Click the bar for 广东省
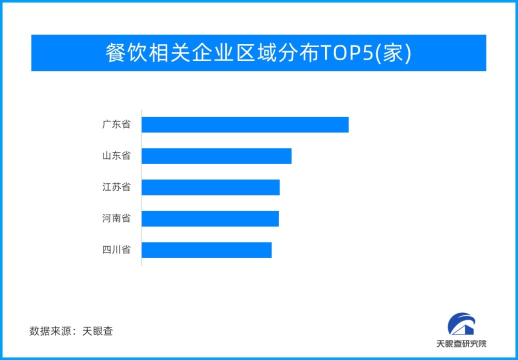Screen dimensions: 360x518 click(245, 124)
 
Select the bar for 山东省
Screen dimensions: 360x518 click(216, 156)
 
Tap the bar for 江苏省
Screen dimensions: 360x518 click(210, 187)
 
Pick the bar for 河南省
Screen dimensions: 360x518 click(210, 218)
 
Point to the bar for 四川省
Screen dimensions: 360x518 click(206, 250)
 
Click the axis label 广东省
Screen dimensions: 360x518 click(116, 124)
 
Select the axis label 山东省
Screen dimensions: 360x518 click(116, 156)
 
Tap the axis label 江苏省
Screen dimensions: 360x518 click(116, 187)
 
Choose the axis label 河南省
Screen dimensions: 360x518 click(116, 218)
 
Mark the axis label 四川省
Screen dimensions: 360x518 click(116, 250)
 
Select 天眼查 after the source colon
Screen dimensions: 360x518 click(98, 331)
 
